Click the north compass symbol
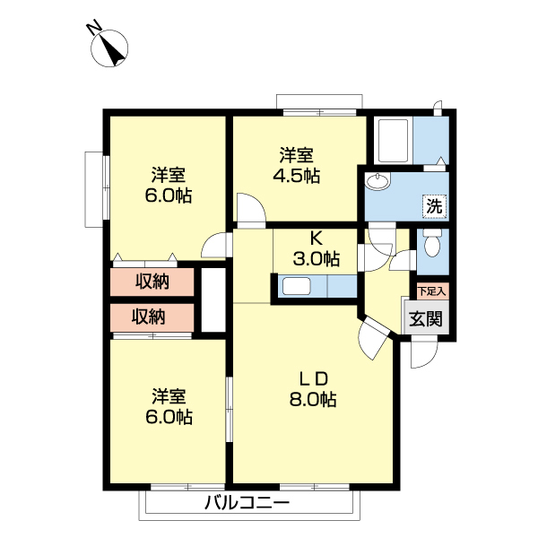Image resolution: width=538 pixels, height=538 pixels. pos(109,48)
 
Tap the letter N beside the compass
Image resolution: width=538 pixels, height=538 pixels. pos(94,28)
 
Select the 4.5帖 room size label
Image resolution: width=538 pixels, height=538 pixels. pos(297,176)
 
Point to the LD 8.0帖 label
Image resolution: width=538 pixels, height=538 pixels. pos(313,389)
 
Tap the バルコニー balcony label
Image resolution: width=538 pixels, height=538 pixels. pos(247,503)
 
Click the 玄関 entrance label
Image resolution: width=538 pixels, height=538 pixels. pos(426,318)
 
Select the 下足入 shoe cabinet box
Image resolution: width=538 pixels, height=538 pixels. pos(433,291)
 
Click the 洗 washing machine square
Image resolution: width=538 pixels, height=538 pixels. pos(434,206)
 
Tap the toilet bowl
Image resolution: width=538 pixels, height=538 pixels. pos(431,243)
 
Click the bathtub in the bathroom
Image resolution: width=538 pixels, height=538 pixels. pos(393,141)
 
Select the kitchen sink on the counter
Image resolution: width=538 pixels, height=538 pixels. pos(297,286)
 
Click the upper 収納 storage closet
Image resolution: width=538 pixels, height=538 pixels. pos(152,282)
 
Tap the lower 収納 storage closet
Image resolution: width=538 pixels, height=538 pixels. pos(152,317)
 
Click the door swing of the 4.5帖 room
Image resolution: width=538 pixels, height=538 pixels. pos(251,208)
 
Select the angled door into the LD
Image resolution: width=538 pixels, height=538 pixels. pos(373,338)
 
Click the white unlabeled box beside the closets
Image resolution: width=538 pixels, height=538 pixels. pos(213,299)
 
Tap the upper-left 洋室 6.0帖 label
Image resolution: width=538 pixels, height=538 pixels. pos(169,186)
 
